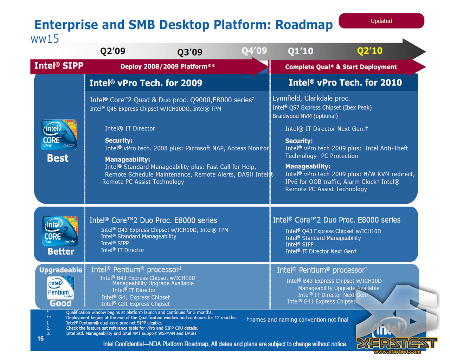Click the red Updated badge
click(381, 21)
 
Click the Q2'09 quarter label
click(113, 51)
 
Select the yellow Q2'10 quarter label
click(370, 51)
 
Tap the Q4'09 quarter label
click(254, 51)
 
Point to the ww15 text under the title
click(45, 39)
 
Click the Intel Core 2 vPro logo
click(59, 135)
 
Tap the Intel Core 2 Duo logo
click(60, 231)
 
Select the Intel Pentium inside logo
click(60, 288)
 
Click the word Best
click(58, 158)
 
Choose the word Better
click(61, 251)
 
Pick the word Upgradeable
click(60, 270)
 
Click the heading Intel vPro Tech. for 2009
click(146, 83)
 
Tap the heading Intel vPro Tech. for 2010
click(345, 83)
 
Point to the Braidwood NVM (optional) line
click(305, 116)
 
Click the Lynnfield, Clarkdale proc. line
click(311, 98)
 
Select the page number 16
click(40, 339)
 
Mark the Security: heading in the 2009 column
click(118, 140)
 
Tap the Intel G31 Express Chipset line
click(136, 304)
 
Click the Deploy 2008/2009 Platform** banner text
click(168, 66)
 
